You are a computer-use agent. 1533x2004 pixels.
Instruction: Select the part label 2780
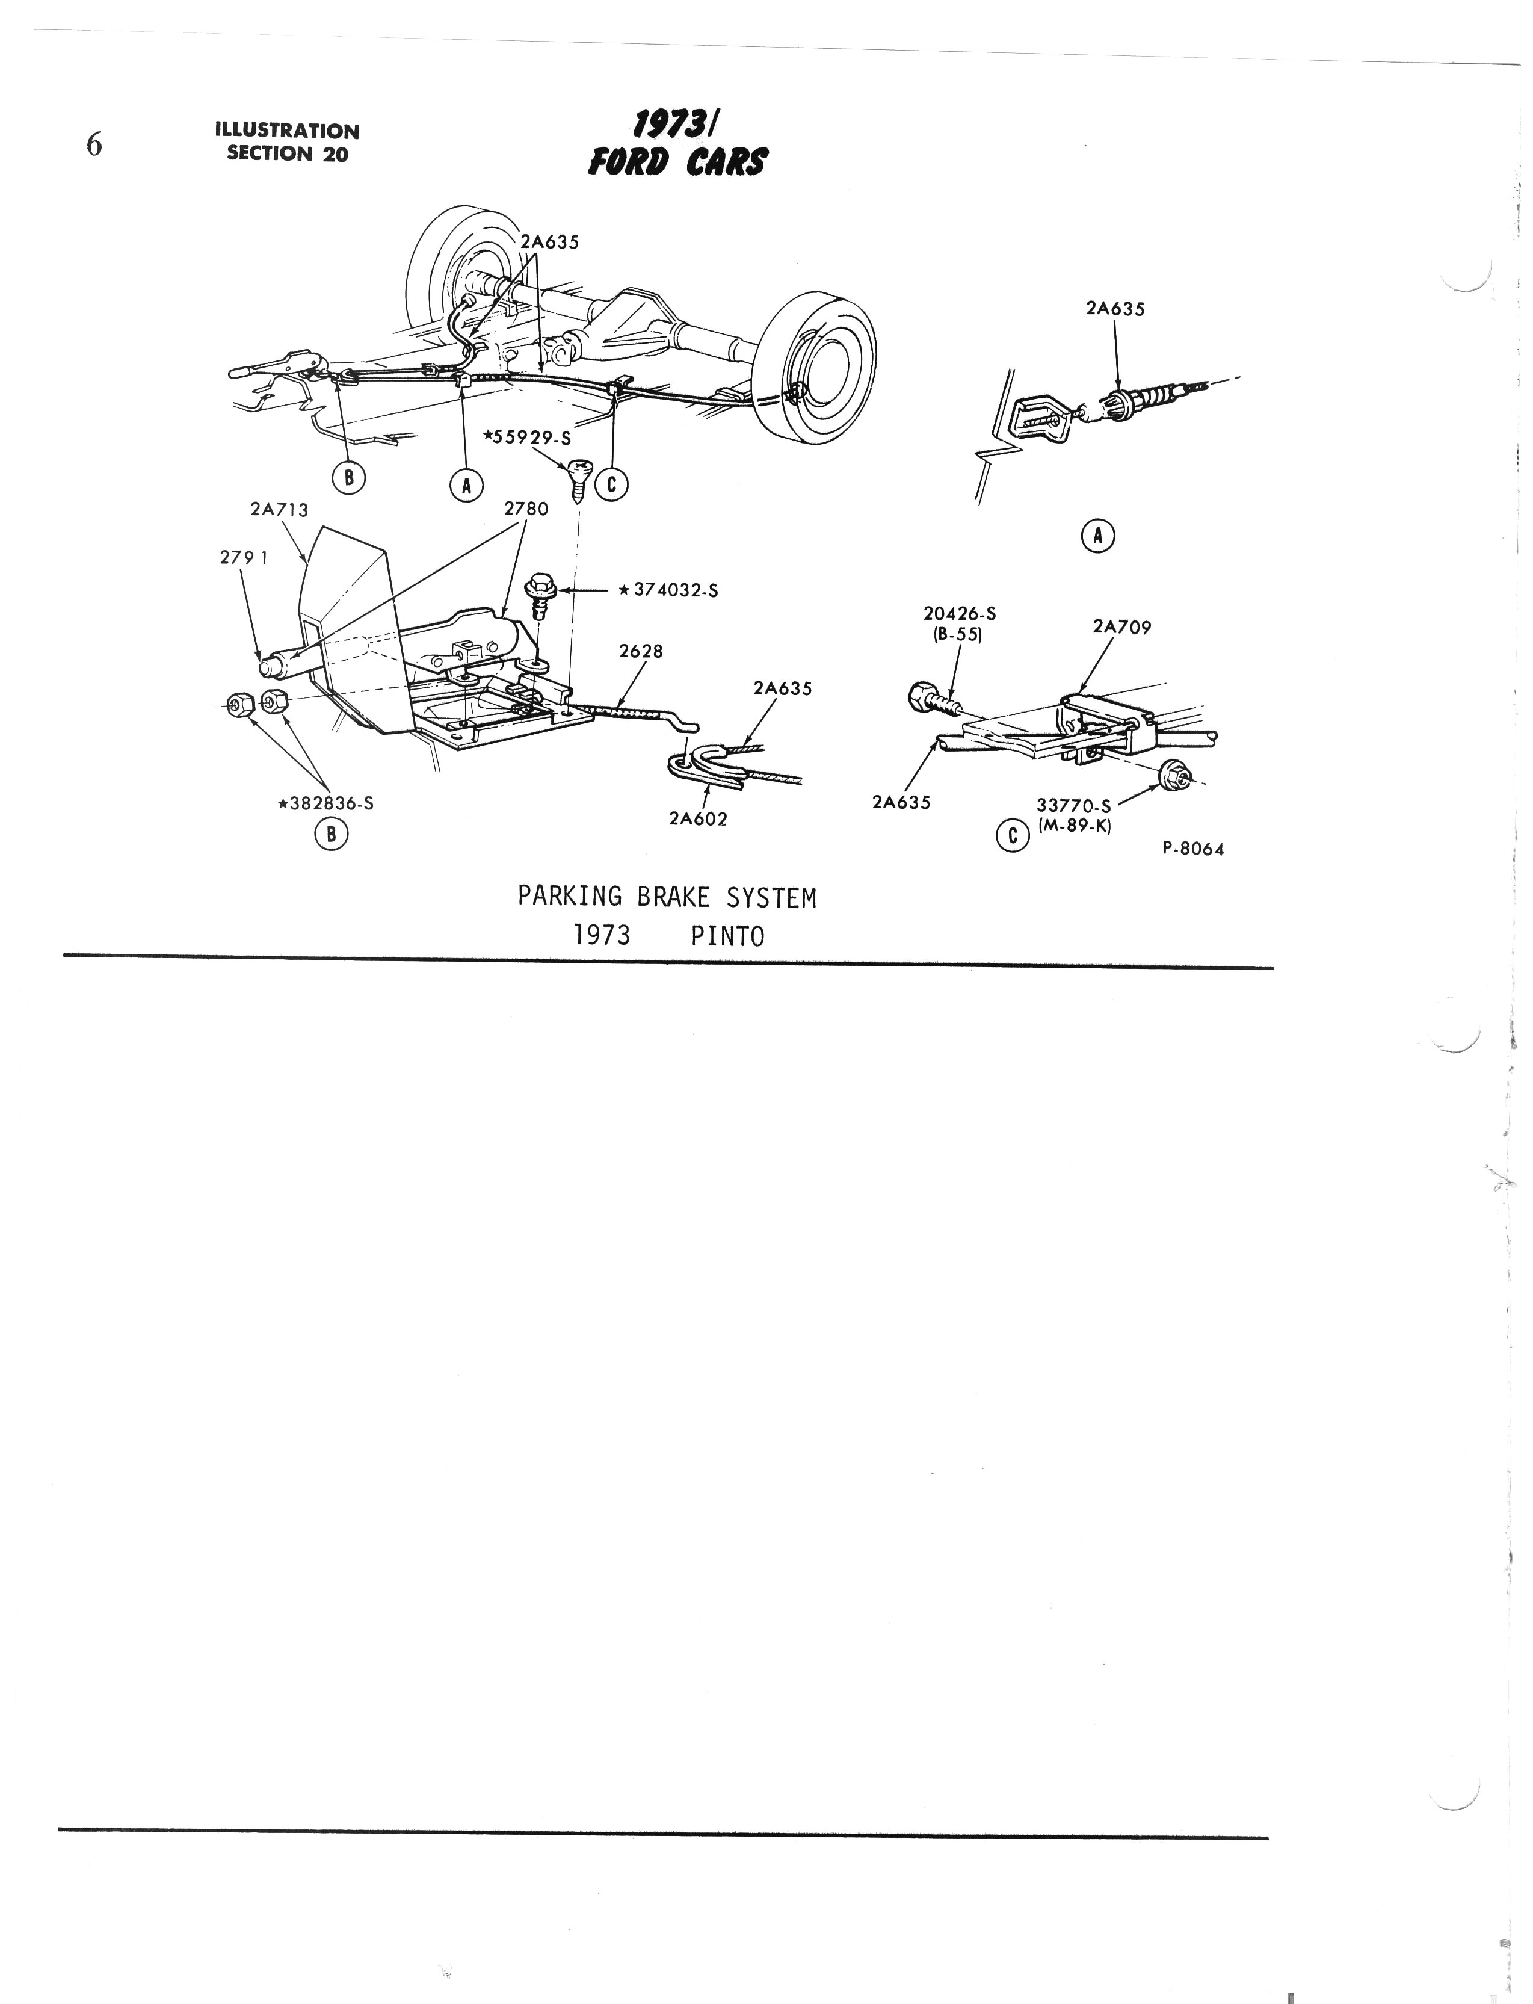pyautogui.click(x=526, y=509)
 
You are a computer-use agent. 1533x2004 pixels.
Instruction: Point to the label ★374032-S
pyautogui.click(x=668, y=590)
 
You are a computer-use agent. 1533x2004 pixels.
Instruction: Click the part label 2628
pyautogui.click(x=641, y=652)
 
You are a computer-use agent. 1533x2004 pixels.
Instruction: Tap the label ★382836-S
pyautogui.click(x=325, y=804)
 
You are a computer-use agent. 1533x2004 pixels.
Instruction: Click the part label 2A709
pyautogui.click(x=1121, y=627)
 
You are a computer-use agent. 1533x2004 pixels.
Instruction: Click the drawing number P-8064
pyautogui.click(x=1192, y=849)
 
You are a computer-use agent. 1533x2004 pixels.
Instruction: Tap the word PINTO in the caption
pyautogui.click(x=727, y=936)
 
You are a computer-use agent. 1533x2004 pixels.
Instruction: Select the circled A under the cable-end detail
pyautogui.click(x=1098, y=537)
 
